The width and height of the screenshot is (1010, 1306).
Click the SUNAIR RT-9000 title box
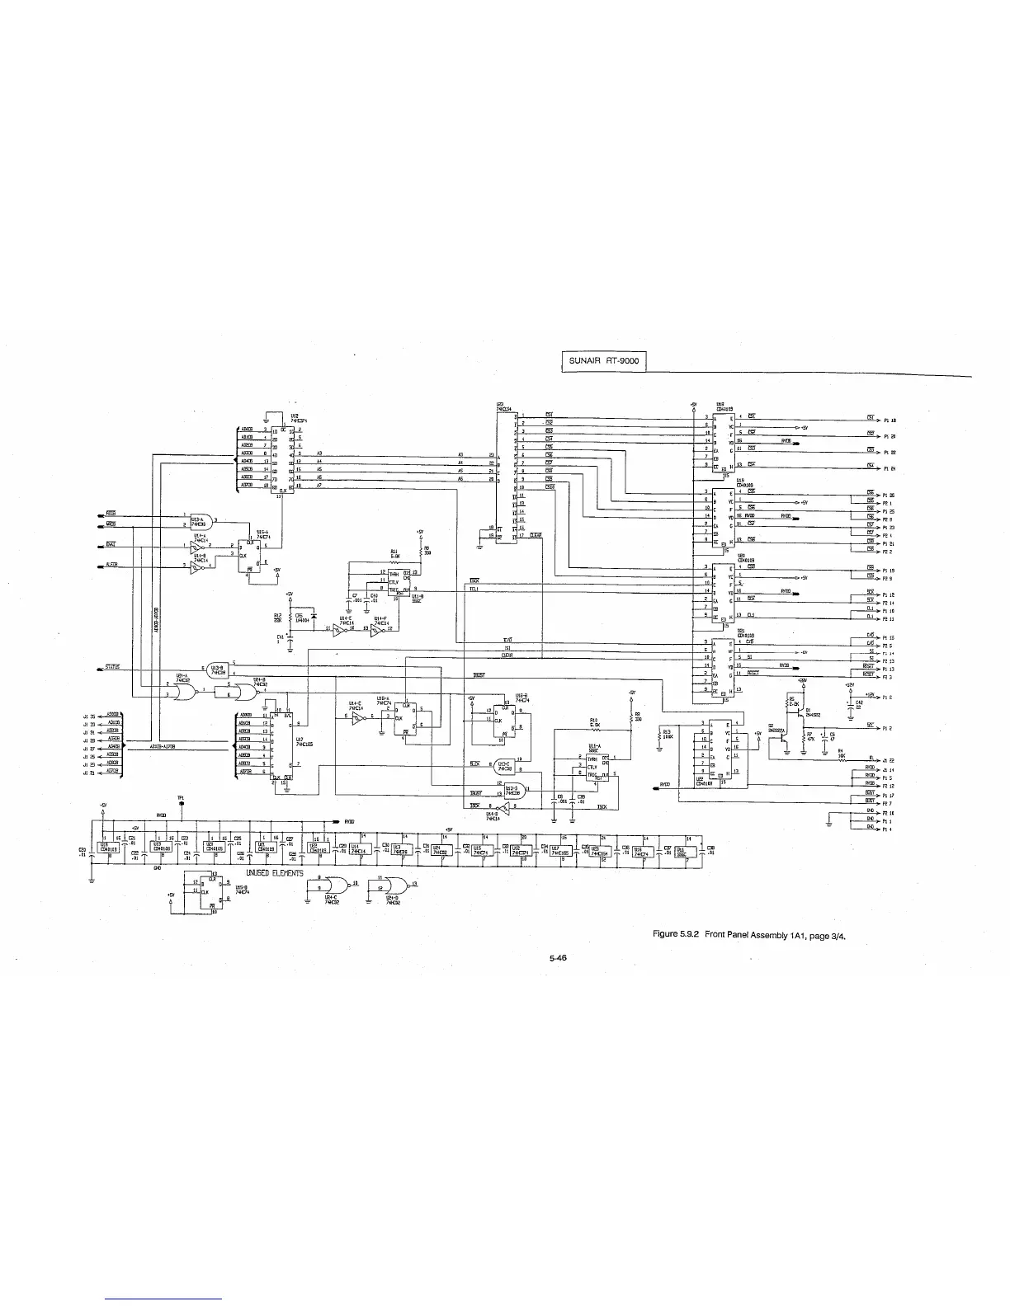tap(603, 361)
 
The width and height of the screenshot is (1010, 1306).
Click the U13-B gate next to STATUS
tap(219, 645)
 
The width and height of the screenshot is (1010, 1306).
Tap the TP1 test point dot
tap(181, 804)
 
